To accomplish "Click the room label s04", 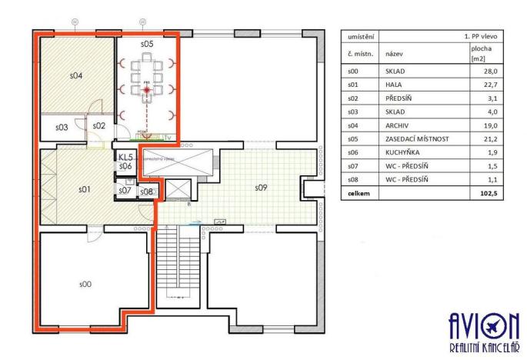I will [76, 76].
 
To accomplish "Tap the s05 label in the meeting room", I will [147, 45].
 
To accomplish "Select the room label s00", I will [85, 284].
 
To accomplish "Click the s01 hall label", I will [85, 188].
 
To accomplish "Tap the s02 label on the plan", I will [98, 125].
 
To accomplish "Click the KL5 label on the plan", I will [125, 157].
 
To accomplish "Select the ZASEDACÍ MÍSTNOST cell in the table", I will [416, 138].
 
